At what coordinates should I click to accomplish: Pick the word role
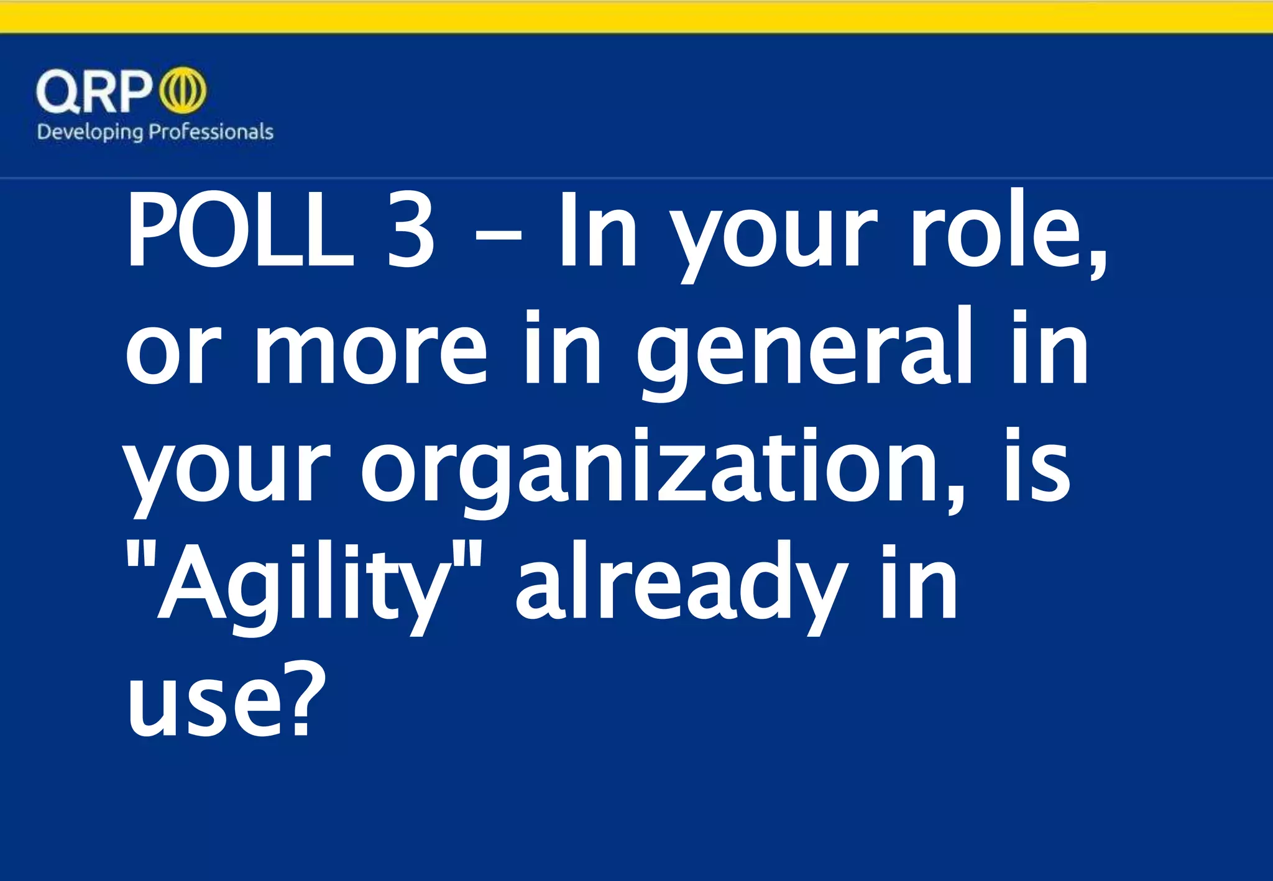(1007, 231)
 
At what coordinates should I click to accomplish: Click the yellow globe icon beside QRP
(183, 91)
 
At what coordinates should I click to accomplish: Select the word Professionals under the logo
(211, 132)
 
